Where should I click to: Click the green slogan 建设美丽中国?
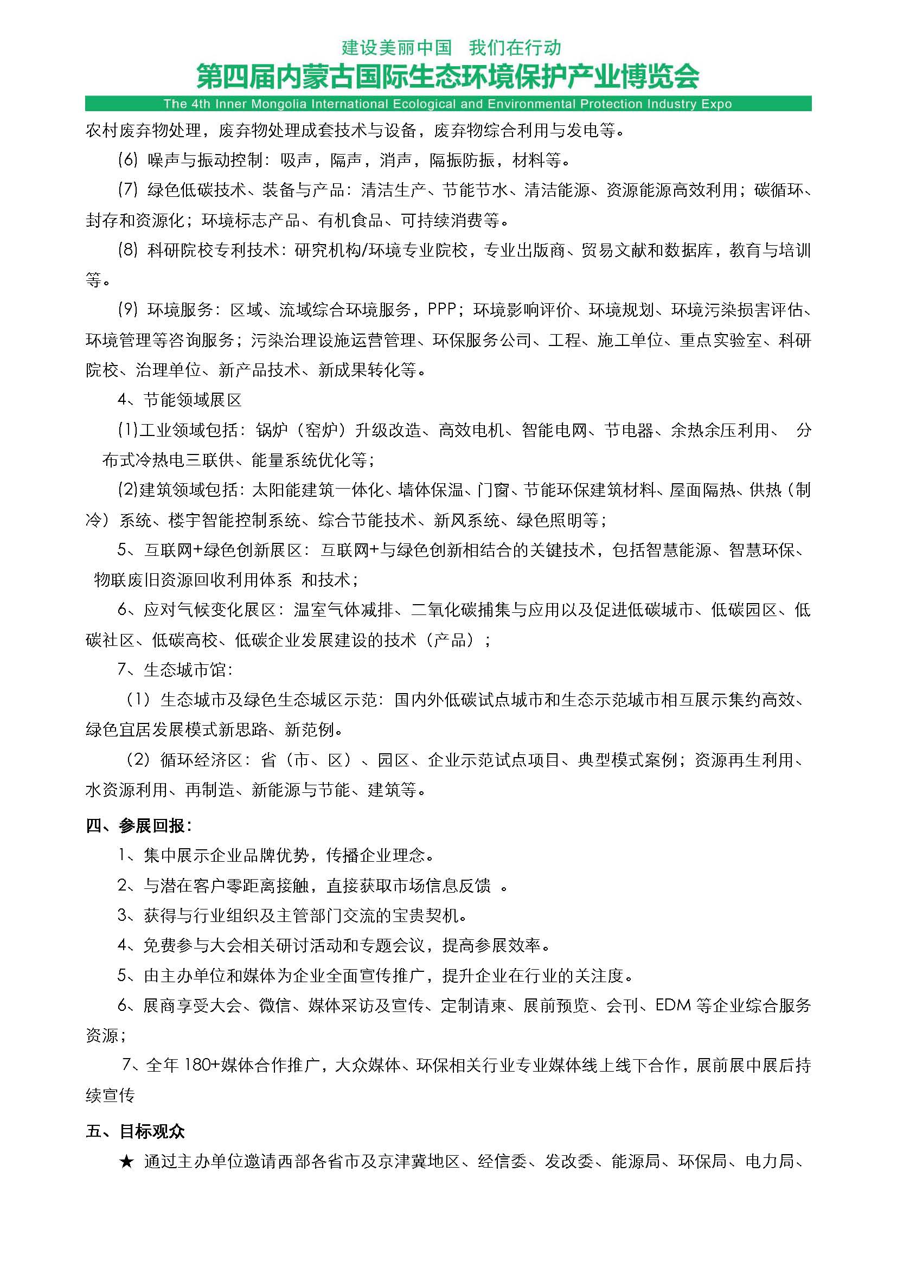pyautogui.click(x=396, y=48)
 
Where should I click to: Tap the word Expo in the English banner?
pyautogui.click(x=716, y=104)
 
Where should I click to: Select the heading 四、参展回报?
pyautogui.click(x=139, y=825)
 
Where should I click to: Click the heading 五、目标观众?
pyautogui.click(x=136, y=1132)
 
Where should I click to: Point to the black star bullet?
pyautogui.click(x=126, y=1162)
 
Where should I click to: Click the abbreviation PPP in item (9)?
pyautogui.click(x=441, y=310)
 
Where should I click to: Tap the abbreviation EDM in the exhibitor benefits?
pyautogui.click(x=672, y=1005)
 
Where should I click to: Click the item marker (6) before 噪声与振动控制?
pyautogui.click(x=127, y=161)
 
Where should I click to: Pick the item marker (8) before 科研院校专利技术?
pyautogui.click(x=127, y=251)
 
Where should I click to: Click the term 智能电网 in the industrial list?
pyautogui.click(x=554, y=430)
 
